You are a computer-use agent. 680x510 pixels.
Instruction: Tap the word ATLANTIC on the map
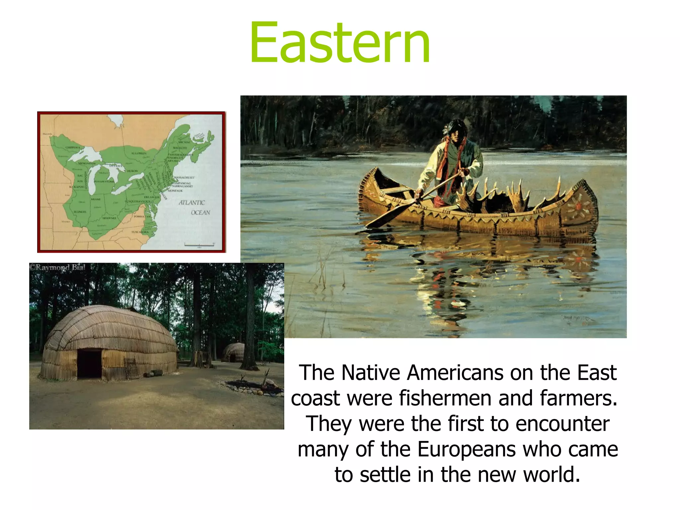pos(192,203)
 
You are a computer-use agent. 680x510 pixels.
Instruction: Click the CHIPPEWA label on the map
pos(73,147)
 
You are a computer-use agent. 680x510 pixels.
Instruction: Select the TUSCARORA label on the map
pos(140,232)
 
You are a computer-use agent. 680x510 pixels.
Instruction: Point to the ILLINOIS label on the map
pos(80,212)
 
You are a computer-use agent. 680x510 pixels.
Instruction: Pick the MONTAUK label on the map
pos(175,191)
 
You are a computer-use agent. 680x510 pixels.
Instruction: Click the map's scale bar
pos(199,245)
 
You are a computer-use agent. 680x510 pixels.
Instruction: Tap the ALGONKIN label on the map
pos(139,153)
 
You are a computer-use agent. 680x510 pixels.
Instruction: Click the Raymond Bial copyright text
pos(57,267)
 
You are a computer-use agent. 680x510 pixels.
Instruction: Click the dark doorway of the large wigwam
pos(89,364)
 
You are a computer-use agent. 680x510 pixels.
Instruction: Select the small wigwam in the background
pos(233,352)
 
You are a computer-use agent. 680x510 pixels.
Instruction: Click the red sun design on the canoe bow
pos(579,206)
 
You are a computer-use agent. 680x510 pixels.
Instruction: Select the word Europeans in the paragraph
pos(467,449)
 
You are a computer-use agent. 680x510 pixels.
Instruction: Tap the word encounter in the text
pos(562,424)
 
